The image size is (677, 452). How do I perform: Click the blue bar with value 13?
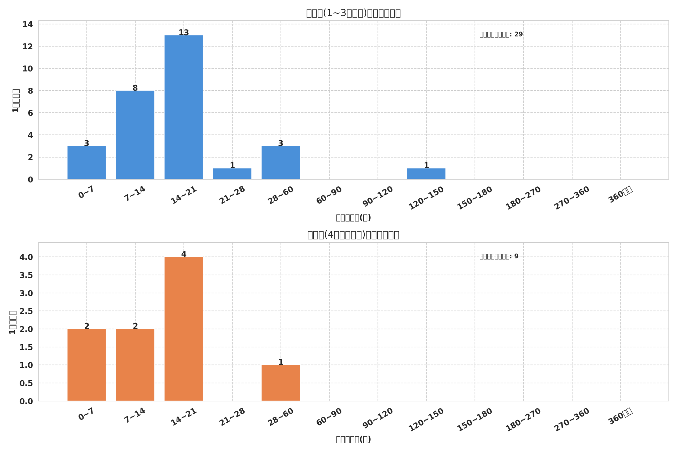coord(184,107)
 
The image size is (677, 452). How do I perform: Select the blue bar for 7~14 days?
coord(135,135)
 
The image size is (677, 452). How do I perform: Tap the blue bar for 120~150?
coord(426,174)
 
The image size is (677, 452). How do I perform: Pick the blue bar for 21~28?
coord(232,174)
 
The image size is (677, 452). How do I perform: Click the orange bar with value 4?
coord(184,329)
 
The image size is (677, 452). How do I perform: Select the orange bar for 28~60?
coord(281,383)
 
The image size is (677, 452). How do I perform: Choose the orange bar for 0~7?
coord(87,365)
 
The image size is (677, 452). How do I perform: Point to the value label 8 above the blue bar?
coord(135,88)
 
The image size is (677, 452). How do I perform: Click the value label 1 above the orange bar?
coord(281,362)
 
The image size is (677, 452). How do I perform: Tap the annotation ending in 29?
coord(501,35)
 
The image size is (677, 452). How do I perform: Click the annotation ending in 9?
coord(498,257)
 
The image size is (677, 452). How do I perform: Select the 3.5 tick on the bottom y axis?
coord(26,275)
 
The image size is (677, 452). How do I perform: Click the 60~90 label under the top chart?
coord(329,195)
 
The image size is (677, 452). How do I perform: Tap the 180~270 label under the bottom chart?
coord(523,420)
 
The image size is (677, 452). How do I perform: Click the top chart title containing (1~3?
coord(353,13)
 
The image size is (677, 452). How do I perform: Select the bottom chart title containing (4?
coord(353,235)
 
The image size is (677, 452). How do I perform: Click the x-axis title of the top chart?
coord(353,218)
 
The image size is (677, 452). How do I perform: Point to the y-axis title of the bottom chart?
coord(13,322)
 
